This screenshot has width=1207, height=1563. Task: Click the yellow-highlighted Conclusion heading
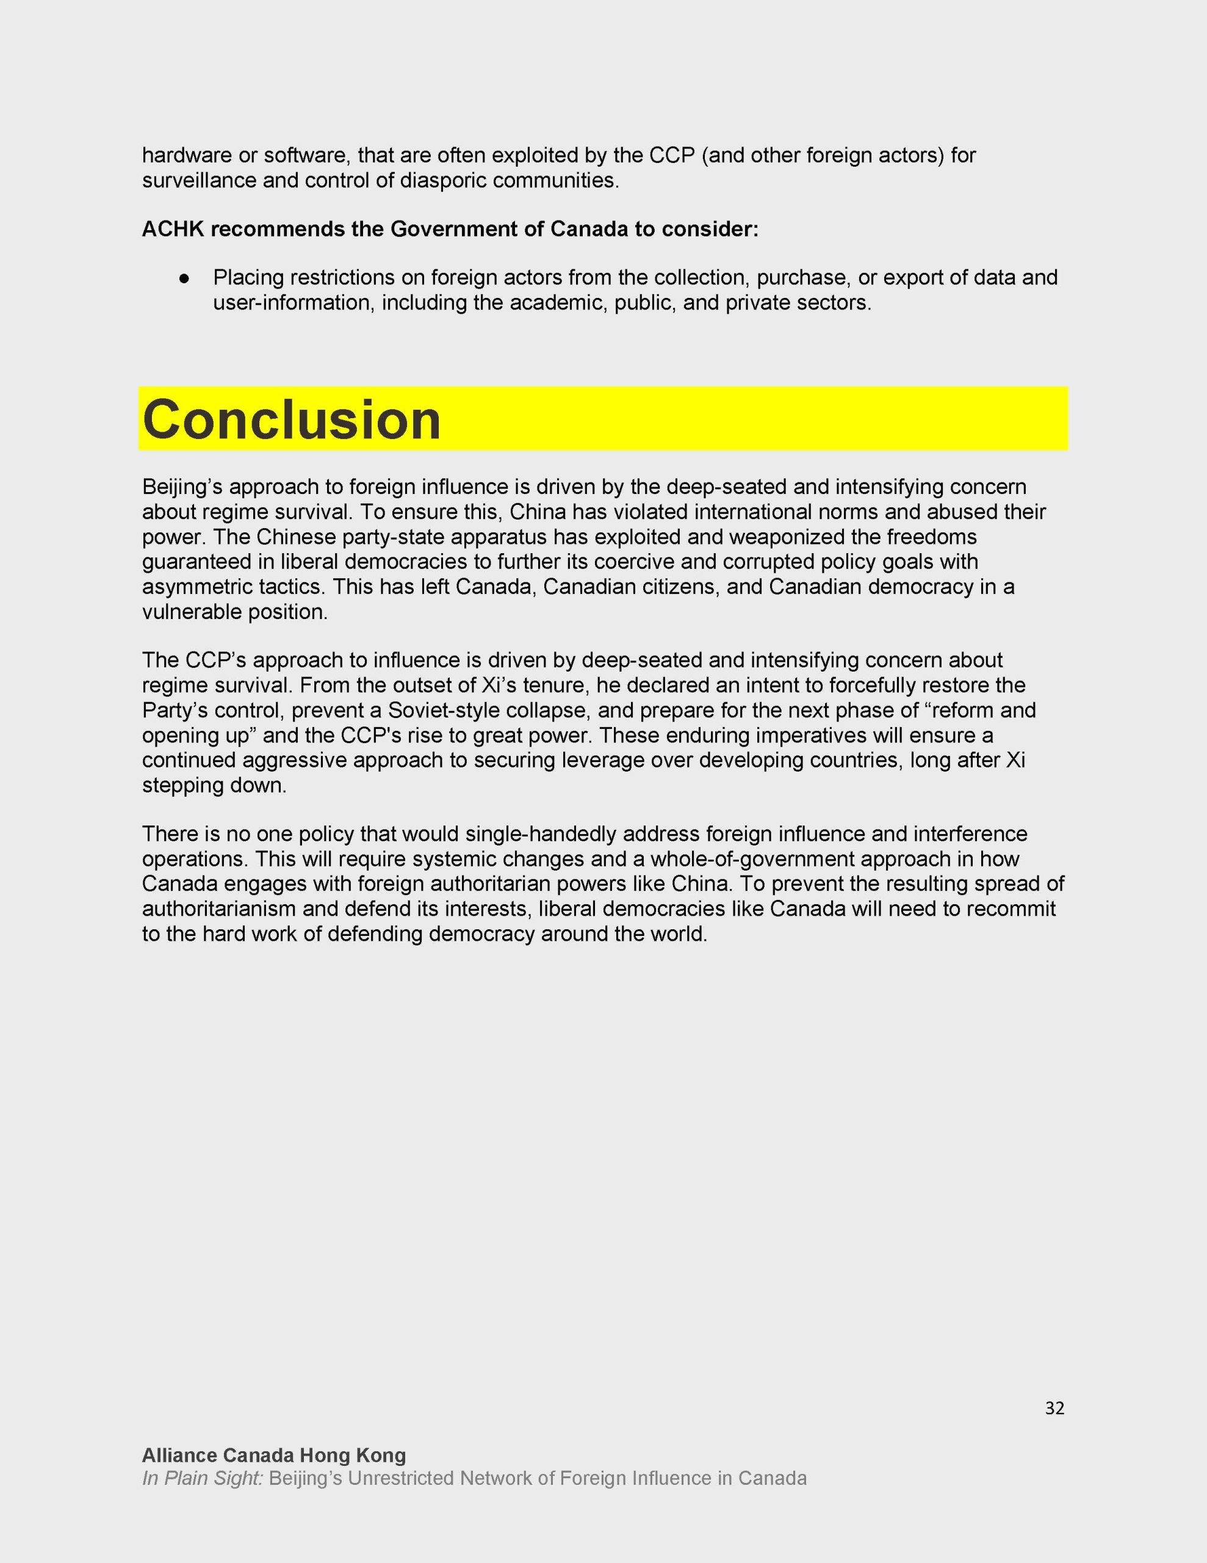coord(292,419)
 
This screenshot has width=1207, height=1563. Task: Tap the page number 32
coord(1054,1409)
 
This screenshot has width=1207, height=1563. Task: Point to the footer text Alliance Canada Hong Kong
coord(274,1455)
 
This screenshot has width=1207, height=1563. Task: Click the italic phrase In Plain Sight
coord(203,1478)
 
